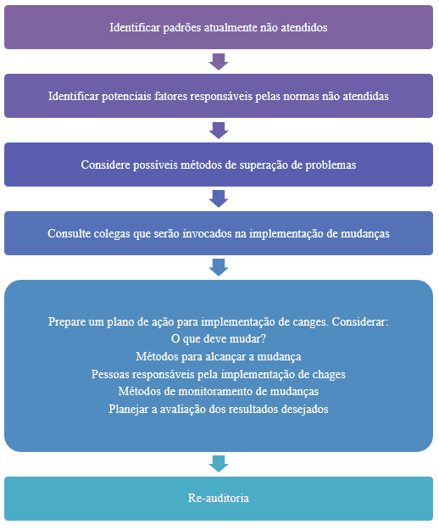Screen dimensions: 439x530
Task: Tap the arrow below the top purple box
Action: coord(219,62)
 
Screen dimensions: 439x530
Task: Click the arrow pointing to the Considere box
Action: coord(219,131)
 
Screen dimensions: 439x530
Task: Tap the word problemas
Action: coord(331,165)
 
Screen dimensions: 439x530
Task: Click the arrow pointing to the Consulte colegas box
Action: coord(219,199)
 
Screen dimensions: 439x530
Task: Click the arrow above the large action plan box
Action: coord(219,268)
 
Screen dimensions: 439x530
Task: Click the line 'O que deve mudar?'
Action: coord(219,339)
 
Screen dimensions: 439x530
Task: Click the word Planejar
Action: coord(124,410)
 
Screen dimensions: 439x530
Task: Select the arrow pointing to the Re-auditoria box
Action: coord(219,464)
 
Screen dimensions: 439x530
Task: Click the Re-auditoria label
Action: coord(219,499)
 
